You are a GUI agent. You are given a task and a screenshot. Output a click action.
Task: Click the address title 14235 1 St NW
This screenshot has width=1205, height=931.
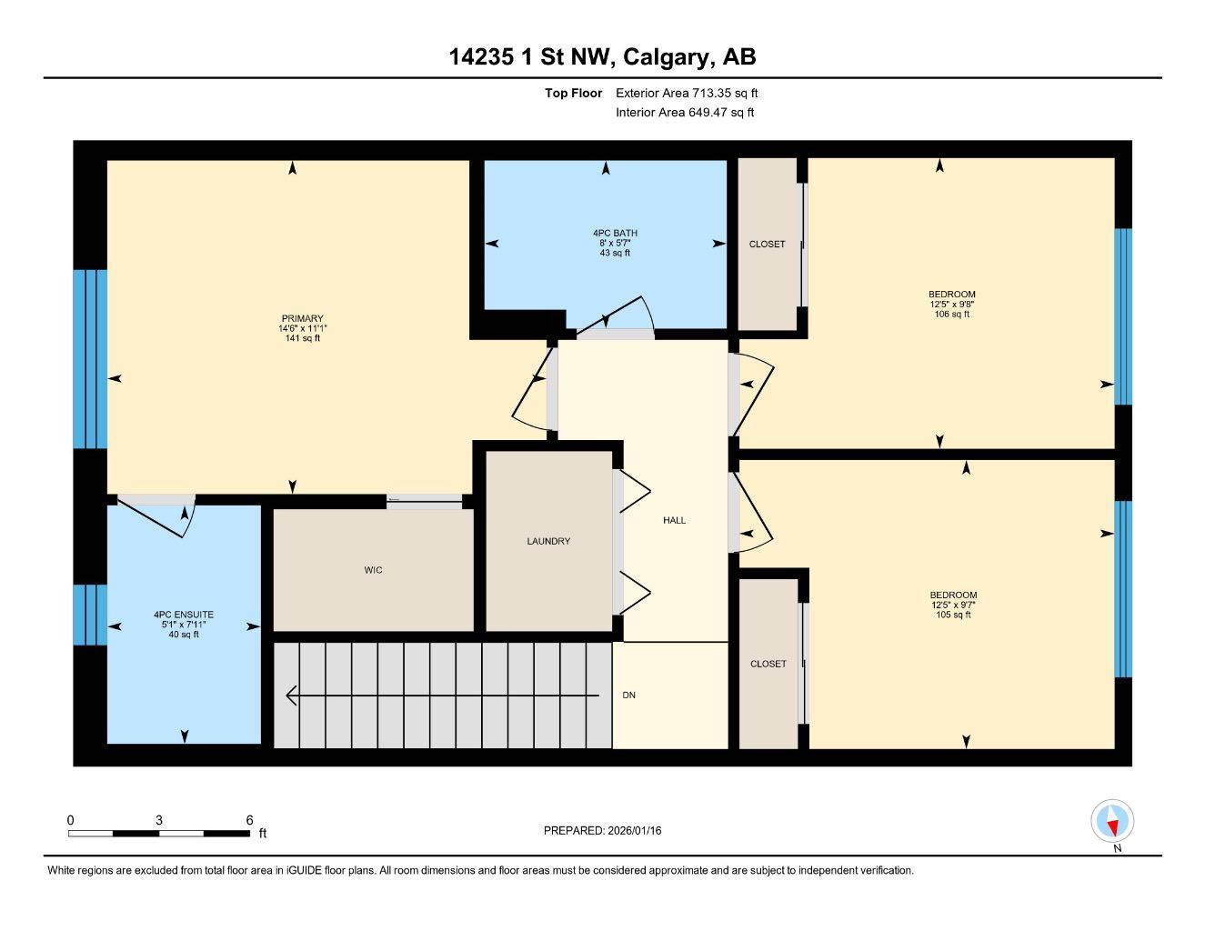[602, 57]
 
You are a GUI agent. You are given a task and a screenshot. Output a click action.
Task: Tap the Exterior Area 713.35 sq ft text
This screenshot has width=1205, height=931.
[687, 93]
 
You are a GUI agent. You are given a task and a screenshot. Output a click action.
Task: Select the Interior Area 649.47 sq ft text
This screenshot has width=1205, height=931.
[685, 113]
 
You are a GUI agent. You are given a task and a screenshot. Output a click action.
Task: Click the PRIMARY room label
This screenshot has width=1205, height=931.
[302, 319]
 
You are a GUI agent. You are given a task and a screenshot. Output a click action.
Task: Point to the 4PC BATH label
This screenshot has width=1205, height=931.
[615, 234]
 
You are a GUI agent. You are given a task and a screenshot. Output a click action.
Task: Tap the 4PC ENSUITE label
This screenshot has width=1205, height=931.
[184, 616]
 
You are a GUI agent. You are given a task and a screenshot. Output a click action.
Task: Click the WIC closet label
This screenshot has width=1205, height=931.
[373, 570]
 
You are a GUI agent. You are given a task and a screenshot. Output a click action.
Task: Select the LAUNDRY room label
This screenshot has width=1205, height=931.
[548, 541]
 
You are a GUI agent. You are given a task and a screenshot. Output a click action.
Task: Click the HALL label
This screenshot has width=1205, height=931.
[674, 520]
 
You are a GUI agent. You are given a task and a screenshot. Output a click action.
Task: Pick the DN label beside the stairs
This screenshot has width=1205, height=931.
[628, 696]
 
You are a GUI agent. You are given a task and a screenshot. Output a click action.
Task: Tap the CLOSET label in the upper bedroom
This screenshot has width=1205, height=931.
[767, 244]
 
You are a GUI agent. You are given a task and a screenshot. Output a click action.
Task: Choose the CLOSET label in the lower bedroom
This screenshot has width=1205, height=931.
[768, 664]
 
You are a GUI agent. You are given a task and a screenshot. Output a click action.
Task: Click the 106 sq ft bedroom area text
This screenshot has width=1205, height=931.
[952, 315]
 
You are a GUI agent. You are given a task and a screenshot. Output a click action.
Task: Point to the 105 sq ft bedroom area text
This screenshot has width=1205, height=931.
[953, 616]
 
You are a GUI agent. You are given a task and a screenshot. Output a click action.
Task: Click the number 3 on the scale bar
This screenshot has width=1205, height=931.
[159, 820]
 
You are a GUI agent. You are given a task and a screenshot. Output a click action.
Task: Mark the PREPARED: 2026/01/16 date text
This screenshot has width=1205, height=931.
[602, 830]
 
